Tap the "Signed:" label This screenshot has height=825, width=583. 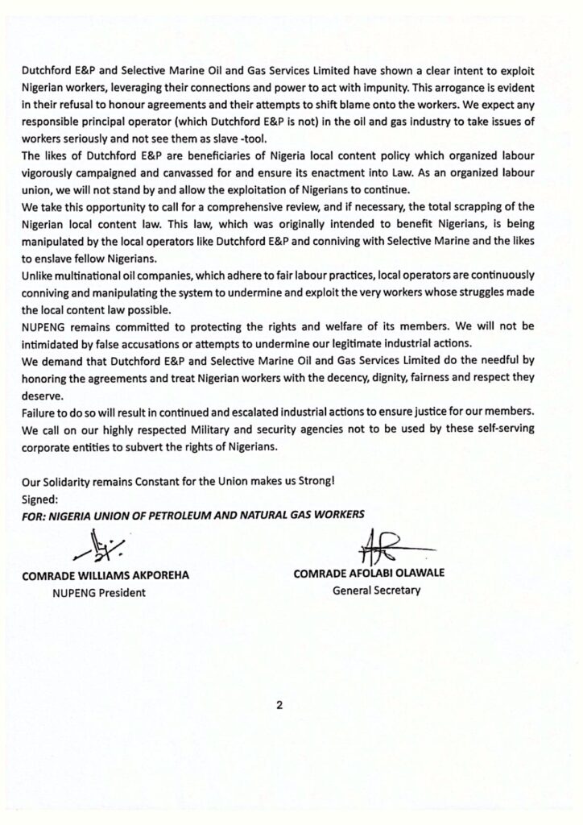pos(39,498)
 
